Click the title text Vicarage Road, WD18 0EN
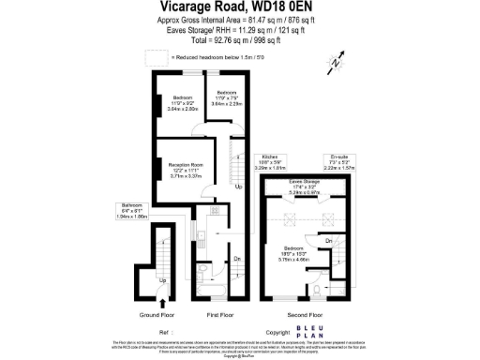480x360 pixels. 239,7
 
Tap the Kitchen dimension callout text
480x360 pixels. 272,161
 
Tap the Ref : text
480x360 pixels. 168,332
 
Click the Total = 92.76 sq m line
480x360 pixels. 239,41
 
